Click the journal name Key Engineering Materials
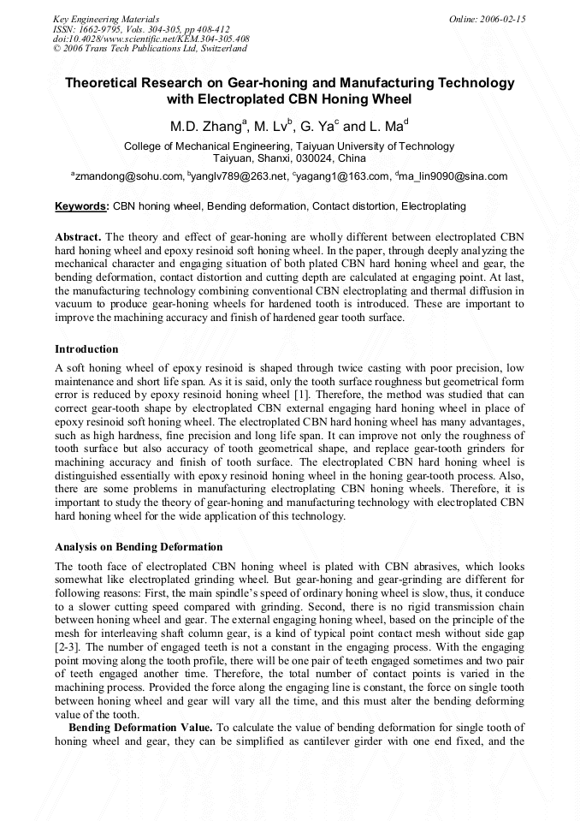click(x=106, y=19)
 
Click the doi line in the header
click(x=151, y=39)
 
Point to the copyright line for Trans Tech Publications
click(x=150, y=49)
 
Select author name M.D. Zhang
click(x=206, y=127)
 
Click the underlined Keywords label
click(x=81, y=206)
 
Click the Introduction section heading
click(x=86, y=349)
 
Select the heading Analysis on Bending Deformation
click(x=139, y=547)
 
